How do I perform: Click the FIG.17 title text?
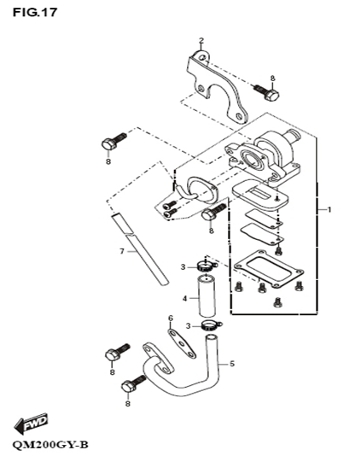click(35, 12)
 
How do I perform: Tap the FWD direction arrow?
click(31, 423)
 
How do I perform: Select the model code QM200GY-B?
click(50, 445)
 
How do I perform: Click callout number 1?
click(329, 209)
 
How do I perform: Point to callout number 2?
click(201, 40)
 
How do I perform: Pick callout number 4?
click(185, 298)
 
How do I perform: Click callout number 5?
click(232, 364)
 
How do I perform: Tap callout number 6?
click(171, 319)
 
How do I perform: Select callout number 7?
click(122, 251)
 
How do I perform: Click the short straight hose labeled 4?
click(207, 296)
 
